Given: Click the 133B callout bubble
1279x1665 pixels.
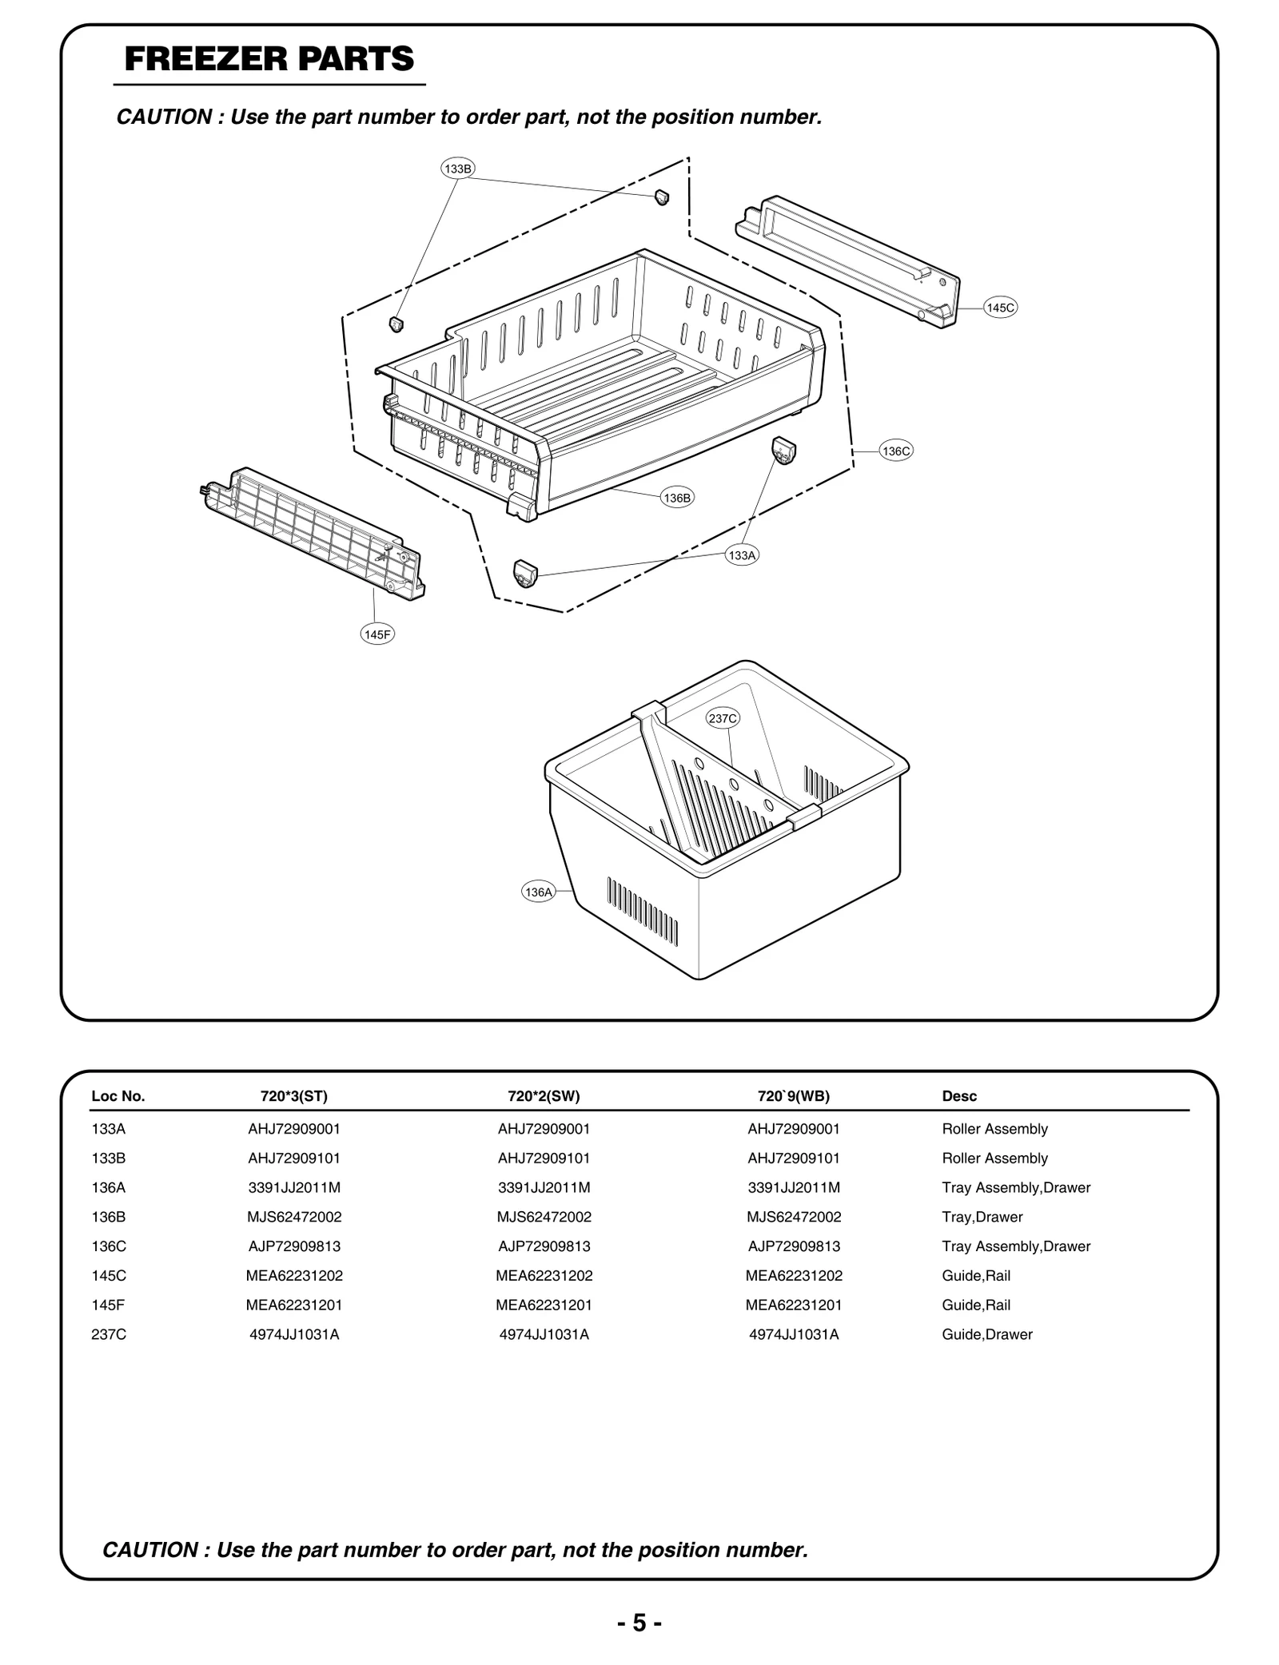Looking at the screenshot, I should click(x=458, y=169).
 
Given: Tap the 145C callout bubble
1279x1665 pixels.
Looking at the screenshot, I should click(x=1000, y=308).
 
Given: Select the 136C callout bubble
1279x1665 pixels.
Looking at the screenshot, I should click(x=896, y=451).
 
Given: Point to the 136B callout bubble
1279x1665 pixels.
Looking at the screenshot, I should click(x=677, y=498).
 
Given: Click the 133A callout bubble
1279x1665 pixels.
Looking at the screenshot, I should click(x=742, y=554).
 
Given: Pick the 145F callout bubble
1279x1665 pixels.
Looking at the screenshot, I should click(x=377, y=634).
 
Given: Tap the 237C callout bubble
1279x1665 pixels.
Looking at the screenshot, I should click(x=723, y=718).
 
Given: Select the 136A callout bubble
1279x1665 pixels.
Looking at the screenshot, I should click(x=539, y=892).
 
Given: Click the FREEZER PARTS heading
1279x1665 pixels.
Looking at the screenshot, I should click(x=269, y=59).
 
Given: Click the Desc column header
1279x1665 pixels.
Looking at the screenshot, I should click(x=959, y=1096).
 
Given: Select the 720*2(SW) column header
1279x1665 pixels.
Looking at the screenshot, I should click(x=544, y=1096).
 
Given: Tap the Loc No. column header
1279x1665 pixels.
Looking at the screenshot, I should click(x=118, y=1096).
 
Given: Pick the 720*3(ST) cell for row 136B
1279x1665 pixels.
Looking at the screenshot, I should click(x=294, y=1217).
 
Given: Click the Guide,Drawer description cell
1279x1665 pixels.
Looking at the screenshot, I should click(x=987, y=1334).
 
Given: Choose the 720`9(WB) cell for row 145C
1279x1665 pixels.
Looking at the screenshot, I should click(x=794, y=1276).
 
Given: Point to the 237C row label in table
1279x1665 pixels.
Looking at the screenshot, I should click(x=109, y=1334).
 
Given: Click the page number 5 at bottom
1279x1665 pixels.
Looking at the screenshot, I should click(x=639, y=1623).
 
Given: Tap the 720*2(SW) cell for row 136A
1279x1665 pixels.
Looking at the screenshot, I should click(x=544, y=1187).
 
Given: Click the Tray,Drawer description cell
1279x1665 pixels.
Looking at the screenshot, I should click(x=982, y=1217).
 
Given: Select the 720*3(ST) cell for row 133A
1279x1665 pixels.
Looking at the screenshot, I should click(x=294, y=1129).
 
